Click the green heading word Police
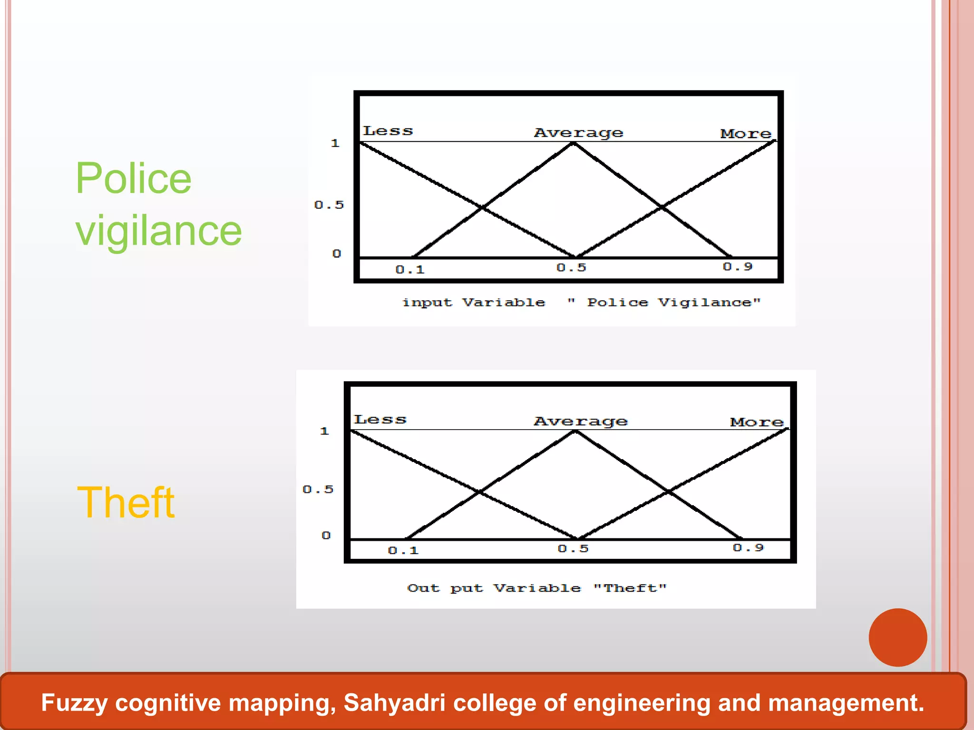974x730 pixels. click(x=134, y=178)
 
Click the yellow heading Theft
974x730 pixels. click(x=126, y=502)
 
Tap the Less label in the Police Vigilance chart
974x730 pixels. click(x=388, y=131)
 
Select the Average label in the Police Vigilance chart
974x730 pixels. click(x=578, y=133)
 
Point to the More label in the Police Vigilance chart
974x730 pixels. click(x=746, y=134)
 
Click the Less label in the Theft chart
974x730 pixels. click(x=380, y=419)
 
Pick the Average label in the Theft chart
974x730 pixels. click(x=581, y=421)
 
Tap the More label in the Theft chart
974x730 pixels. click(x=757, y=422)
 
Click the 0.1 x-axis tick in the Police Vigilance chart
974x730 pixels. click(x=410, y=269)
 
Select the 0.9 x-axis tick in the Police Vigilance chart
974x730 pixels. click(x=738, y=267)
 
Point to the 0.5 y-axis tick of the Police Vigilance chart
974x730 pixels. click(x=329, y=205)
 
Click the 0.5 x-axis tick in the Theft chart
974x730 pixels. click(x=573, y=548)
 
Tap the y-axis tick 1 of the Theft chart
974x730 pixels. click(x=324, y=431)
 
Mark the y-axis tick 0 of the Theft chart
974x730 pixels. click(x=326, y=535)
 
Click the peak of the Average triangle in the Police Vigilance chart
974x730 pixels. click(x=574, y=143)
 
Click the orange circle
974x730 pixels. click(x=897, y=637)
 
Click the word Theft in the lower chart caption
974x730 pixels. click(x=630, y=588)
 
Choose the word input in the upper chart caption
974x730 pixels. click(x=427, y=303)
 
